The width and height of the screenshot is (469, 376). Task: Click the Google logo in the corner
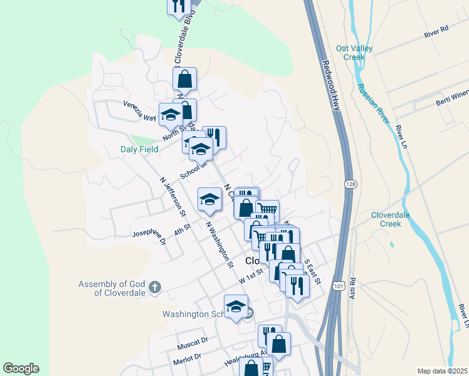[21, 368]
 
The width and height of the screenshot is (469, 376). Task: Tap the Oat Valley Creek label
[354, 53]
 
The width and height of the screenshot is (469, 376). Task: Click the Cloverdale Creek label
[394, 219]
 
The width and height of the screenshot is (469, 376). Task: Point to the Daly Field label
[139, 149]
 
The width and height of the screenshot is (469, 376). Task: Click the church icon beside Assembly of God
[155, 288]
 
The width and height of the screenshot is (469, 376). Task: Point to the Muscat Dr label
[192, 343]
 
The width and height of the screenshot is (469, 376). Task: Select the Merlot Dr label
[189, 357]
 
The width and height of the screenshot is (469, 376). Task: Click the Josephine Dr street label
[149, 237]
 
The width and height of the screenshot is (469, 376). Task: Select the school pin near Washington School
[236, 307]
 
